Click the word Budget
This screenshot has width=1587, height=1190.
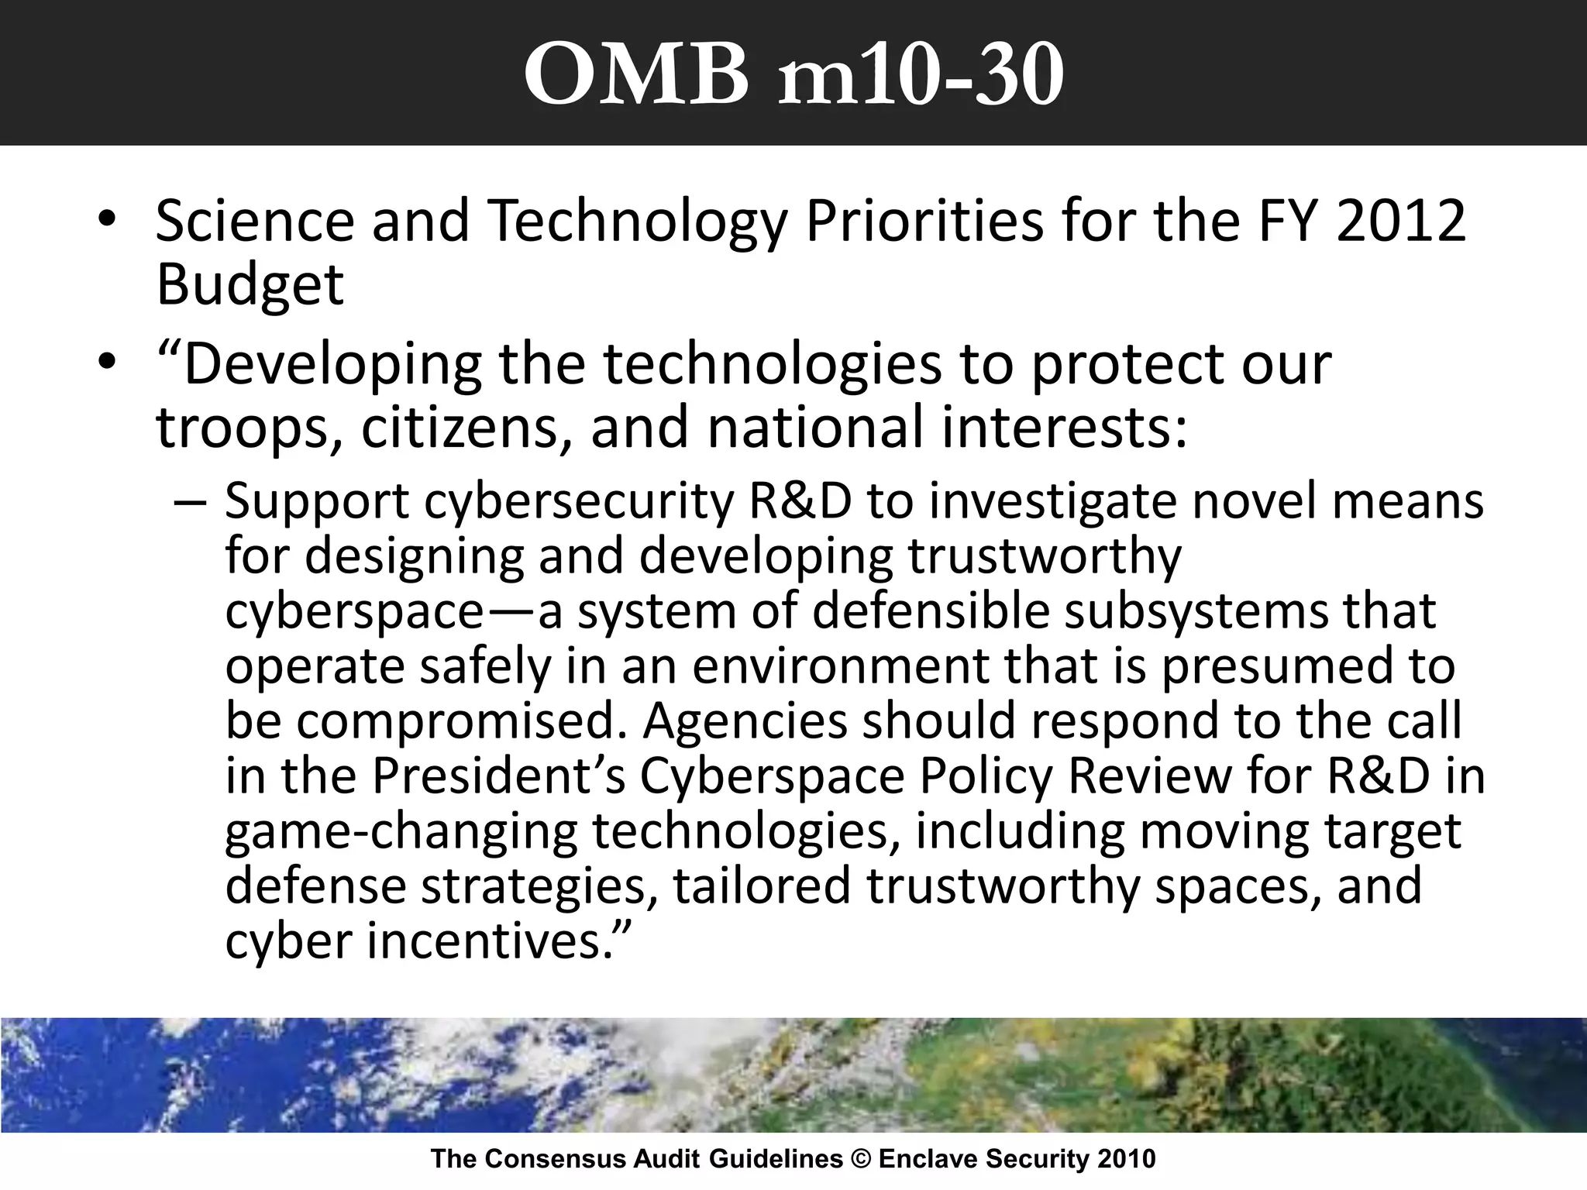point(250,285)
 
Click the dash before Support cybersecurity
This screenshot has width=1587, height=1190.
point(191,501)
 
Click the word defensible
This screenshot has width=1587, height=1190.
point(930,611)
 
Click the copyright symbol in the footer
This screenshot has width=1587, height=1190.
point(861,1159)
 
